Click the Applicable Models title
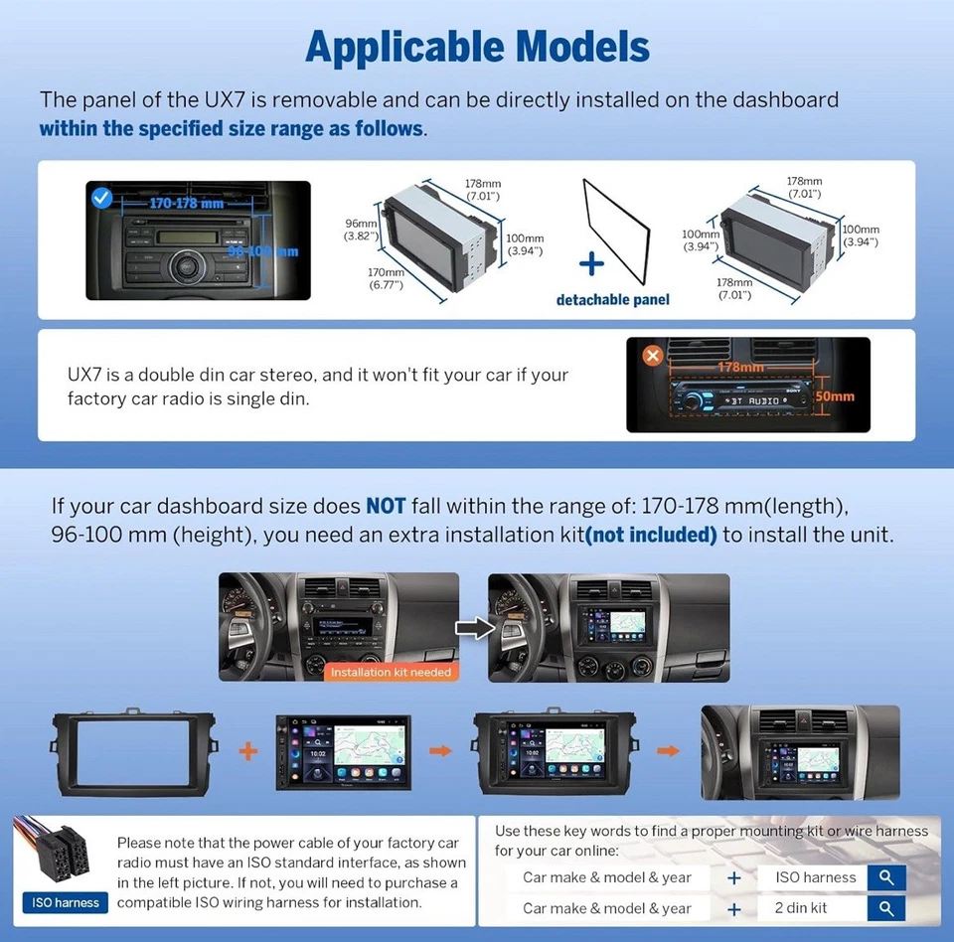[477, 47]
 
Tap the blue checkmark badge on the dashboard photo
[100, 197]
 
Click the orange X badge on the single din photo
[652, 355]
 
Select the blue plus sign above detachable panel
[591, 263]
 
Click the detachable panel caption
[612, 299]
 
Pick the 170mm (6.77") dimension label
[385, 279]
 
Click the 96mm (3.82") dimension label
[361, 230]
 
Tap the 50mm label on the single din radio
[834, 396]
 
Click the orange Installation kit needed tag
[391, 672]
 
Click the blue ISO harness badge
[66, 902]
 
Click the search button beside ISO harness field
[885, 877]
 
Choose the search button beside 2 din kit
[885, 908]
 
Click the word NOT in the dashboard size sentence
[386, 505]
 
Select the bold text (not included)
[652, 535]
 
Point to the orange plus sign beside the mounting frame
[248, 750]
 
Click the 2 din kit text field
[811, 908]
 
